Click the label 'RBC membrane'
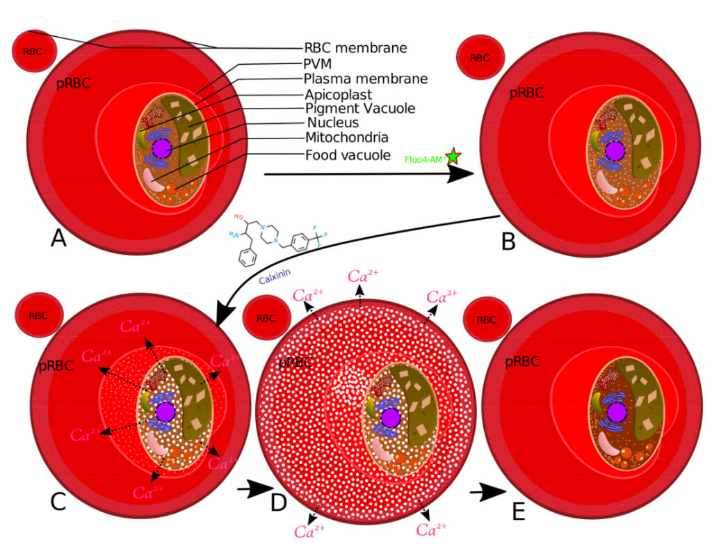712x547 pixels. click(x=355, y=48)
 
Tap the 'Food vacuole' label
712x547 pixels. click(x=348, y=154)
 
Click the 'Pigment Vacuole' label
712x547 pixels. click(x=360, y=109)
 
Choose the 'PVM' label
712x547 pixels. click(x=318, y=64)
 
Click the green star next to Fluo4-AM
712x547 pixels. click(x=453, y=157)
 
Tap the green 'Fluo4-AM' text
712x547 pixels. click(x=424, y=159)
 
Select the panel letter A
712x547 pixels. click(x=58, y=239)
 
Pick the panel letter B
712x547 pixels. click(x=508, y=241)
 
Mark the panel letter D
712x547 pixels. click(x=279, y=502)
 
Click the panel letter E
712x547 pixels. click(x=518, y=512)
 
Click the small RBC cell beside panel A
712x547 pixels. click(x=33, y=51)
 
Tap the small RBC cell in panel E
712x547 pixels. click(x=487, y=319)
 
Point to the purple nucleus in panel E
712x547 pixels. click(x=616, y=413)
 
